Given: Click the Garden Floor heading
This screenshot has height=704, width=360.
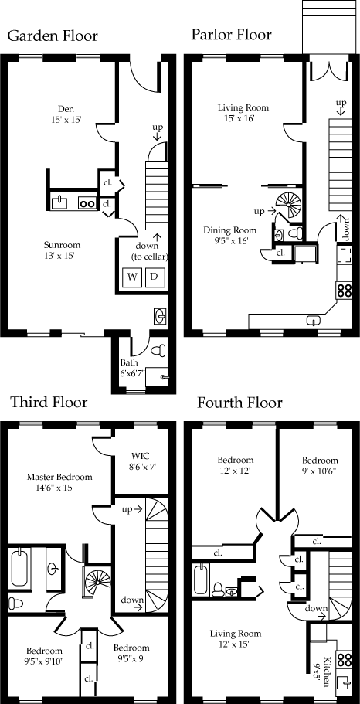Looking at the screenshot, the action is pyautogui.click(x=53, y=36).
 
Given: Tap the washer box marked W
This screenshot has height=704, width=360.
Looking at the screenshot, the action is pyautogui.click(x=132, y=277).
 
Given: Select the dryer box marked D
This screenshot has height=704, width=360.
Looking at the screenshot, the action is pyautogui.click(x=154, y=277).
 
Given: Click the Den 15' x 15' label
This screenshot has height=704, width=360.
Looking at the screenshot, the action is pyautogui.click(x=66, y=114).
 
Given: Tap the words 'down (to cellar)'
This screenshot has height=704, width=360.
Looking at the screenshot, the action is pyautogui.click(x=150, y=251).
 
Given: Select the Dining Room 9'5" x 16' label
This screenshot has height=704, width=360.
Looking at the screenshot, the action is pyautogui.click(x=229, y=235).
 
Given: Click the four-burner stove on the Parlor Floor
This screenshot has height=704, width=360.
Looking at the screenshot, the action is pyautogui.click(x=345, y=290).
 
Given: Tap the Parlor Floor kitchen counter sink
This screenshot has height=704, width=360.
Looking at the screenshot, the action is pyautogui.click(x=314, y=320).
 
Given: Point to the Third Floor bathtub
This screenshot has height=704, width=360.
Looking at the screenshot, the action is pyautogui.click(x=19, y=566).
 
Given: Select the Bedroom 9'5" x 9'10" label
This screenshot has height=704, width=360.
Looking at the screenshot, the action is pyautogui.click(x=44, y=655).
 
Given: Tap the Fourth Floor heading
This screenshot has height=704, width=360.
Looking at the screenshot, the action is pyautogui.click(x=239, y=403).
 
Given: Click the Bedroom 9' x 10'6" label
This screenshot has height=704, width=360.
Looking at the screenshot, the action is pyautogui.click(x=320, y=465).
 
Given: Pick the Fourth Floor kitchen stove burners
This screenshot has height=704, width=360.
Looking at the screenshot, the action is pyautogui.click(x=345, y=659).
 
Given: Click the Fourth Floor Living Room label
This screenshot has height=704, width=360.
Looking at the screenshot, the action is pyautogui.click(x=236, y=639).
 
